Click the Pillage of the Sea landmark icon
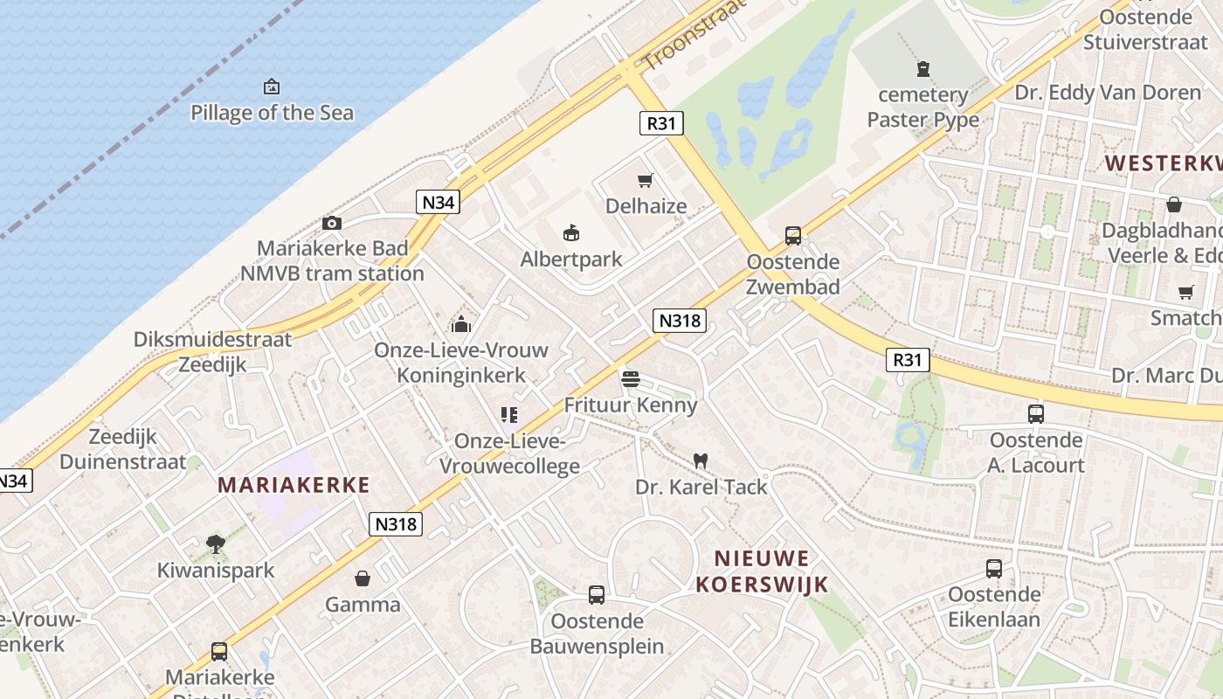tap(272, 87)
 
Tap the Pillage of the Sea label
tap(272, 113)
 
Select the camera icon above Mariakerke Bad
tap(332, 223)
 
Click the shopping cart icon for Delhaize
tap(646, 181)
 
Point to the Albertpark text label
tap(571, 260)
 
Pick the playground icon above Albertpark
tap(571, 232)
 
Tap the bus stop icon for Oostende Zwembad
tap(793, 235)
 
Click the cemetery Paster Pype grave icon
tap(923, 68)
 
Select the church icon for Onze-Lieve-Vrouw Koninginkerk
tap(461, 324)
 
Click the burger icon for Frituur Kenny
tap(631, 379)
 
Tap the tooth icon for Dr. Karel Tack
tap(700, 460)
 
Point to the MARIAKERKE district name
tap(294, 485)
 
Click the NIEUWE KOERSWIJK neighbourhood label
tap(762, 571)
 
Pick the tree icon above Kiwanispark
tap(215, 544)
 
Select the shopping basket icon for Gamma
tap(363, 578)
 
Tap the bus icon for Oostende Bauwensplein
tap(597, 595)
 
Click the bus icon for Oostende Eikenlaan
tap(994, 569)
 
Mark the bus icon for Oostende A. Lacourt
tap(1036, 413)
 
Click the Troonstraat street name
tap(695, 34)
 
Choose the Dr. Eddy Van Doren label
tap(1108, 92)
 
